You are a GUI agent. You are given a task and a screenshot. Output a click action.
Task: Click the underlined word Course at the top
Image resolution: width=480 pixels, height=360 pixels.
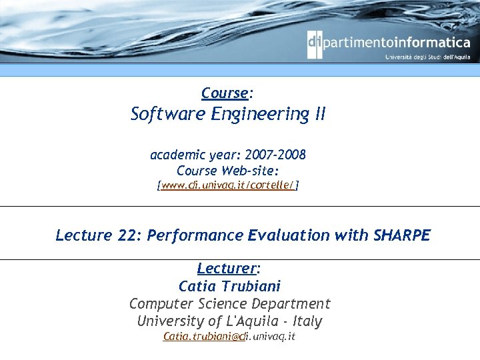[224, 93]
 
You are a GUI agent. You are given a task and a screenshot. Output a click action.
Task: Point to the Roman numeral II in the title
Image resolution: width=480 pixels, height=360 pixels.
[319, 115]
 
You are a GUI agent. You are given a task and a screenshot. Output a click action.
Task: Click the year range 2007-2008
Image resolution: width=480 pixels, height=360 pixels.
[275, 155]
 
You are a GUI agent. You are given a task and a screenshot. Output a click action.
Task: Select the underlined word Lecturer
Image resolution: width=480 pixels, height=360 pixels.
[227, 269]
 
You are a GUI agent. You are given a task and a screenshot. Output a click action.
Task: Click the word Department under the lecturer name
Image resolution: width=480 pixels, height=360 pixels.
[297, 303]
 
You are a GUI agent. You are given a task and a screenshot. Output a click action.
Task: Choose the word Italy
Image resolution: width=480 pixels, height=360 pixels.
[305, 321]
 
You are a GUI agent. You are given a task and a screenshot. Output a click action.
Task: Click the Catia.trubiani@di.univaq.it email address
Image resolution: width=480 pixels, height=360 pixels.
[229, 337]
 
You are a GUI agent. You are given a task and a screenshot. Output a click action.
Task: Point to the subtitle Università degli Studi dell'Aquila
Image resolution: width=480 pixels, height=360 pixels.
[427, 57]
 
